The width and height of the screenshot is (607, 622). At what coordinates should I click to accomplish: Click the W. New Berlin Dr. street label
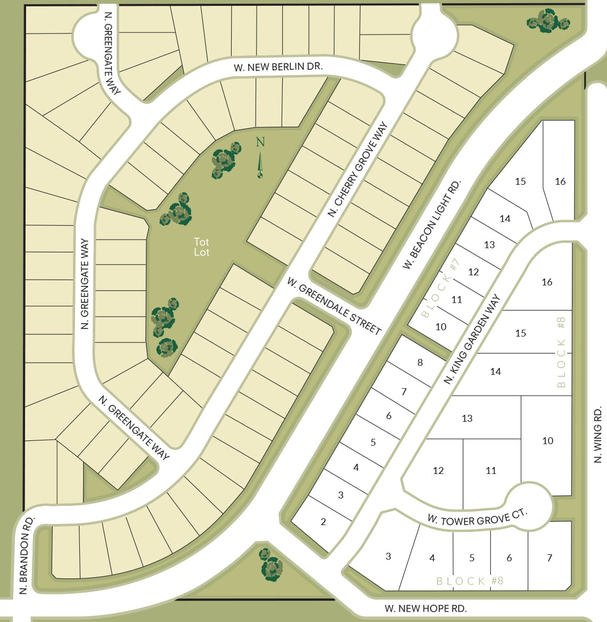coord(278,67)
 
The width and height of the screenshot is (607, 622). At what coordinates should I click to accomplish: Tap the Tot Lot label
coord(201,247)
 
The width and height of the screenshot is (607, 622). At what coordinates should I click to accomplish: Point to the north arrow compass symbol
coord(260,158)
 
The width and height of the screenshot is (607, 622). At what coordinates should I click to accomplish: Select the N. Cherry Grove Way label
coord(357,170)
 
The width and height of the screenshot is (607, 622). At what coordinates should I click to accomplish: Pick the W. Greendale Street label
coord(334,306)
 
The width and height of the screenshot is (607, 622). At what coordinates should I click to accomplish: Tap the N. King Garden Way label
coord(472,339)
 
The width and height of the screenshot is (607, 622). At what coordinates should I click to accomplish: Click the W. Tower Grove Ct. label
coord(477,517)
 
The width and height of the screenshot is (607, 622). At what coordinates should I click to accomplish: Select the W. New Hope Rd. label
coord(425,609)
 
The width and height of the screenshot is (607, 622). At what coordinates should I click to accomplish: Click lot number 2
coord(323,522)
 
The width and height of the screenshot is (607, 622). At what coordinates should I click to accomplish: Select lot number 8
coord(420,363)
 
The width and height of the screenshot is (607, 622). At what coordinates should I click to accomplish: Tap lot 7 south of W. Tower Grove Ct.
coord(549,558)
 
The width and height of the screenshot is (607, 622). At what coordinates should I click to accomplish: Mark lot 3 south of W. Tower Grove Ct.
coord(388,556)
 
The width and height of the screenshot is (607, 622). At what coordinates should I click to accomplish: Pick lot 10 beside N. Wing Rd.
coord(547,441)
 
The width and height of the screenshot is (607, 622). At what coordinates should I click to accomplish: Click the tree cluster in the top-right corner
coord(548,21)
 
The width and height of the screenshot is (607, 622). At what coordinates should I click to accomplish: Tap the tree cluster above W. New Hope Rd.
coord(271,564)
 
